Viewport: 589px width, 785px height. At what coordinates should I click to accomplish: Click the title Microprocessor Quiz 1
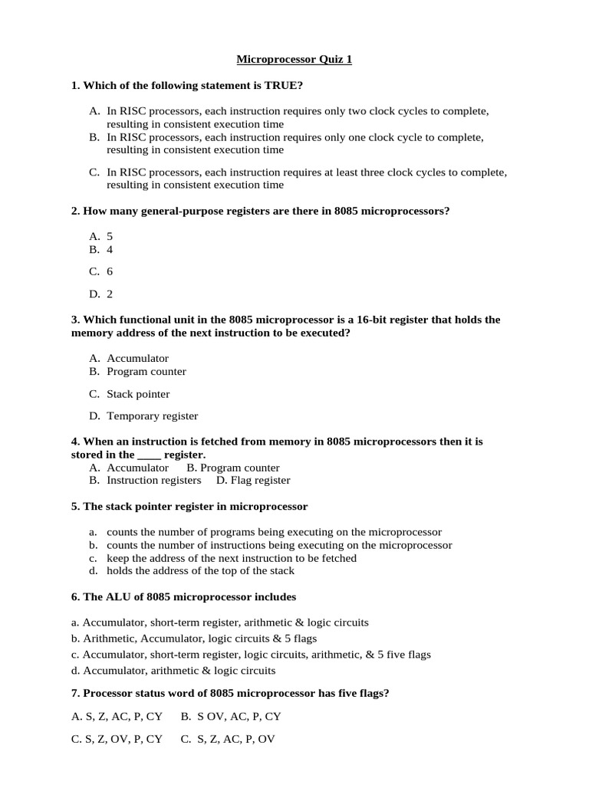coord(294,59)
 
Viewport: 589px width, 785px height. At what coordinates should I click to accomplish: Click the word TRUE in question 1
coord(296,85)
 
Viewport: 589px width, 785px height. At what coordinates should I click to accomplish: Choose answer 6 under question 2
coord(110,271)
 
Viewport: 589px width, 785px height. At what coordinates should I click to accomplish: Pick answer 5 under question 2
coord(110,237)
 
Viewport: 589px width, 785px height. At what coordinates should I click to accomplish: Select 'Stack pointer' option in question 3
coord(138,394)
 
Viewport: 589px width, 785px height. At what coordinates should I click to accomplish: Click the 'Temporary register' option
coord(152,416)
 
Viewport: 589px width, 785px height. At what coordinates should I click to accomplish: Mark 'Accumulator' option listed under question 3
coord(137,358)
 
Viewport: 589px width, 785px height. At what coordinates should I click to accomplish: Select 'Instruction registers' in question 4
coord(153,481)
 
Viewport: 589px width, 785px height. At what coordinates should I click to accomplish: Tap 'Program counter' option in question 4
coord(233,468)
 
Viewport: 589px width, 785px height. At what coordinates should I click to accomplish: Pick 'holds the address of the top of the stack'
coord(200,570)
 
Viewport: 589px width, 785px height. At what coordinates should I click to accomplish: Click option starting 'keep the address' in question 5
coord(231,558)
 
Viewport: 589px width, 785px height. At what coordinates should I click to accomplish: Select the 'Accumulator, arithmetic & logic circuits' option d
coord(173,671)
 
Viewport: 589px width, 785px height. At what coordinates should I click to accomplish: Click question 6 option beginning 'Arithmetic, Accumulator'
coord(194,639)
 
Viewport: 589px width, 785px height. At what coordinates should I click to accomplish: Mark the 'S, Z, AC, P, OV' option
coord(227,740)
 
